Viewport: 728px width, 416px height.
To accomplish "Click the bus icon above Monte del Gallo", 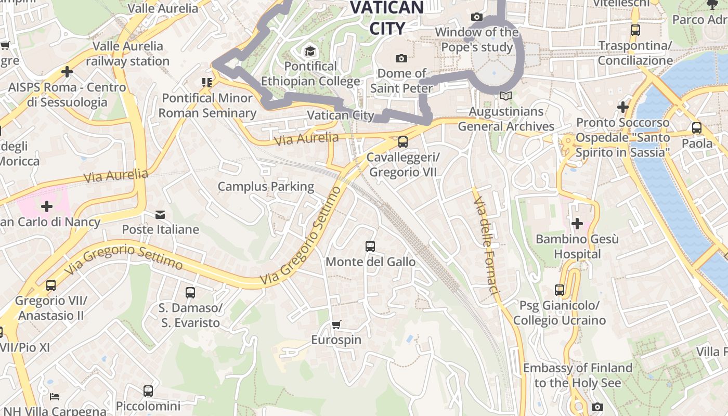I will point(370,246).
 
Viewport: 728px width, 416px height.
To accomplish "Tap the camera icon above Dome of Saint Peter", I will point(401,58).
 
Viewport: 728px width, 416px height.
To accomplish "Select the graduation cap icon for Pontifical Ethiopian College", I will point(310,51).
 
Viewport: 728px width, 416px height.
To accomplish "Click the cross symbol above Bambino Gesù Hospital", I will point(577,224).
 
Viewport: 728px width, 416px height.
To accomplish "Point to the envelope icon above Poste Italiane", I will point(160,214).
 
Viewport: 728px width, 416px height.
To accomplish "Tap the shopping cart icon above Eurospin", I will point(336,325).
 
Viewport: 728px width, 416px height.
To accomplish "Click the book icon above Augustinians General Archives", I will point(505,96).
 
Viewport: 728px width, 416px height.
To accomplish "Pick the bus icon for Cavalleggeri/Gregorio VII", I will point(402,142).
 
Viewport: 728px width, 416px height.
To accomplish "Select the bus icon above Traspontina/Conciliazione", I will point(635,30).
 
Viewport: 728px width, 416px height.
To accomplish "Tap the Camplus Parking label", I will point(266,186).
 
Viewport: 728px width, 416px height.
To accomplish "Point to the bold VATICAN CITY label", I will point(387,18).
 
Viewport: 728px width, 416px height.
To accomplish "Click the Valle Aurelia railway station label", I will point(128,54).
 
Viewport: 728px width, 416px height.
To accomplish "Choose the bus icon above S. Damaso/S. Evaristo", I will point(190,292).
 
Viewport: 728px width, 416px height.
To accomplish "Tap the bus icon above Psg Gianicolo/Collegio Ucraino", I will point(560,290).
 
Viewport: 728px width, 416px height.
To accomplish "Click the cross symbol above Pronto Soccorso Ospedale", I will point(623,108).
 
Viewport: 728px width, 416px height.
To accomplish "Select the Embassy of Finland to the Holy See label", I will point(578,375).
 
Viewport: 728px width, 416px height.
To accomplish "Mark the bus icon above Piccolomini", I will point(148,391).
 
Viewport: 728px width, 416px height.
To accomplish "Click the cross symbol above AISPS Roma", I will point(67,72).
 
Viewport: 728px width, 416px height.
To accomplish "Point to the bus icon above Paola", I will point(697,128).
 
